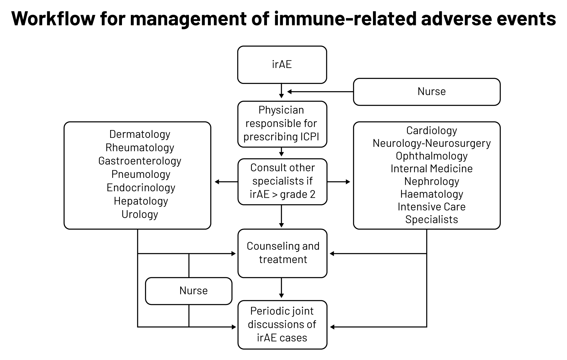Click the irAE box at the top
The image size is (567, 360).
282,64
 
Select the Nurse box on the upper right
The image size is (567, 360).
426,92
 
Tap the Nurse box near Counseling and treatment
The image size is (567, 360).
189,291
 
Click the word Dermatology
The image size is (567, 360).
140,134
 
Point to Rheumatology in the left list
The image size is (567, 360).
140,147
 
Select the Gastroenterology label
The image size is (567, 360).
140,161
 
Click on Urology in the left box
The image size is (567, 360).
140,214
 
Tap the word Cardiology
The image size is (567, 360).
431,130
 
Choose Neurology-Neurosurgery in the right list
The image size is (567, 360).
431,143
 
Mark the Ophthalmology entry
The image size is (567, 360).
431,156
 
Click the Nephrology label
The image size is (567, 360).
431,181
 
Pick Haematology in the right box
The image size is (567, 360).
431,194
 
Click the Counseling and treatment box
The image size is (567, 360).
282,253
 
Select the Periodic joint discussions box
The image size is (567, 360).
282,325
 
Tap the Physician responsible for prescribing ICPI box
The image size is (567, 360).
282,124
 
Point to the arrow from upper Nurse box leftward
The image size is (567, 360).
320,92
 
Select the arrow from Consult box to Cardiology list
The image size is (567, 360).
338,182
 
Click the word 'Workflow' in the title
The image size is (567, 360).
53,18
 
